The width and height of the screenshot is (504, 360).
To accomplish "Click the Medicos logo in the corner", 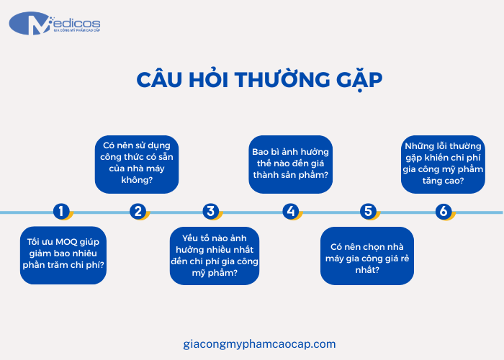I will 54,24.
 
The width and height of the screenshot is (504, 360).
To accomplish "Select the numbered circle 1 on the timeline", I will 62,212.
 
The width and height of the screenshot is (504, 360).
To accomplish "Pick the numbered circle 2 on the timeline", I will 138,212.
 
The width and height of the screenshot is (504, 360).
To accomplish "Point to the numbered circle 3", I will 210,212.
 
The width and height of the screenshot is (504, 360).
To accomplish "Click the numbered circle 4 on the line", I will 290,212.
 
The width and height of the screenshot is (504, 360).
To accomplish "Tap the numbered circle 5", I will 368,212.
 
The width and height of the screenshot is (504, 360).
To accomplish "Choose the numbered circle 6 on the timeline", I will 444,212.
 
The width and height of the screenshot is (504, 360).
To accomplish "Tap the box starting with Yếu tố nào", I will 214,254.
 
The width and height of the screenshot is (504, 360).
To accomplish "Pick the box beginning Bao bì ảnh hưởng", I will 291,164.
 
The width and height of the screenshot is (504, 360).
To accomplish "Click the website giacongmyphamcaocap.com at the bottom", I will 260,344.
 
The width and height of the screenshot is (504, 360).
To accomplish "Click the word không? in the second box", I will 136,180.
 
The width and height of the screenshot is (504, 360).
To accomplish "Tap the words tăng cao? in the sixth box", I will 443,181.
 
